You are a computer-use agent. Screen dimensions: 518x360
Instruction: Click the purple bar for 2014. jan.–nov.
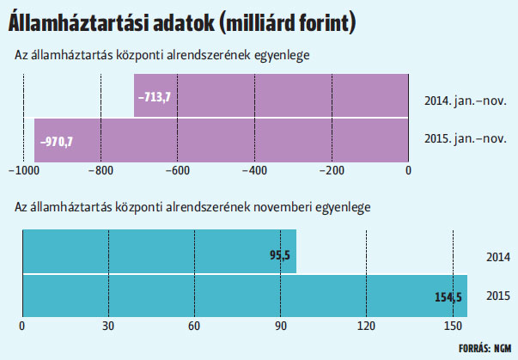coord(271,95)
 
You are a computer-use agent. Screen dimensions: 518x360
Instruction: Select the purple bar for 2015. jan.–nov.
coord(222,140)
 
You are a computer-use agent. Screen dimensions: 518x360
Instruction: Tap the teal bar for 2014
coord(160,252)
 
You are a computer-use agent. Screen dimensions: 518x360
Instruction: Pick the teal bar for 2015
coord(245,296)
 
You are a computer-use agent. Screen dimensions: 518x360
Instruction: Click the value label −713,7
coord(155,97)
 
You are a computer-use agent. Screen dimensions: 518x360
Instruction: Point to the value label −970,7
coord(57,142)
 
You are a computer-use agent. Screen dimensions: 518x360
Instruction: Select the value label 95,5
coord(280,255)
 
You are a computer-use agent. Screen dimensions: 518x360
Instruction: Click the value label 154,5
coord(448,297)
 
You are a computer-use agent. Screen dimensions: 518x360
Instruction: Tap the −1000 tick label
coord(24,170)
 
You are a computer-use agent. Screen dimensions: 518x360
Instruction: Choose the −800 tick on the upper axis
coord(101,170)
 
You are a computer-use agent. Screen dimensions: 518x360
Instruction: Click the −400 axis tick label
coord(255,170)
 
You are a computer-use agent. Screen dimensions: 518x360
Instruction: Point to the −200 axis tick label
coord(332,170)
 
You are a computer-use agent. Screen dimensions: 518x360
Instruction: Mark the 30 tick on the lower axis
coord(108,326)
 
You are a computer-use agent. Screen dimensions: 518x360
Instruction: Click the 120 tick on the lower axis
coord(366,326)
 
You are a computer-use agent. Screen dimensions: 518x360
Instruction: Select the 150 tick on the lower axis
coord(453,326)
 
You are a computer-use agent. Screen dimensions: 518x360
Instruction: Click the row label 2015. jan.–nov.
coord(465,138)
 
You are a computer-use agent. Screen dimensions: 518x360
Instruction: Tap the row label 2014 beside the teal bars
coord(498,257)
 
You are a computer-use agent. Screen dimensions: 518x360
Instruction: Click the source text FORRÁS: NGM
coord(485,348)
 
